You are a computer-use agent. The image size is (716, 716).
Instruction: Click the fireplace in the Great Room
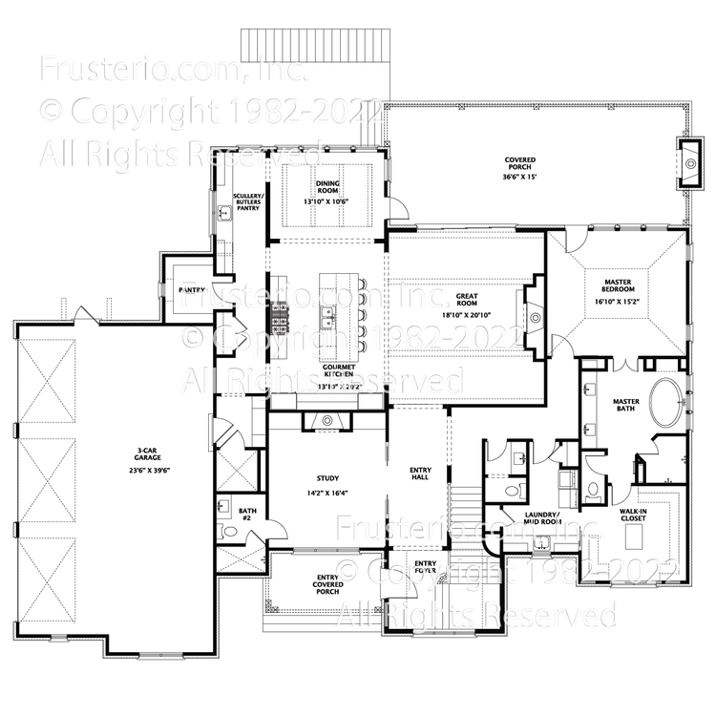(x=534, y=316)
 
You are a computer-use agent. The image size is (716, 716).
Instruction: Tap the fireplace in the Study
(x=327, y=421)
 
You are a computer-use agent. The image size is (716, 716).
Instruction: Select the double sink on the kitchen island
(x=327, y=314)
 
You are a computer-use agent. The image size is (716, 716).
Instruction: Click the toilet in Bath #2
(x=228, y=531)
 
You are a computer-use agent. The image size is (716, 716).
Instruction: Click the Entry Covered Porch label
(x=327, y=584)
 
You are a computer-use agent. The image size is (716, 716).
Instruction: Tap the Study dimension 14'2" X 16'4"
(x=327, y=494)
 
